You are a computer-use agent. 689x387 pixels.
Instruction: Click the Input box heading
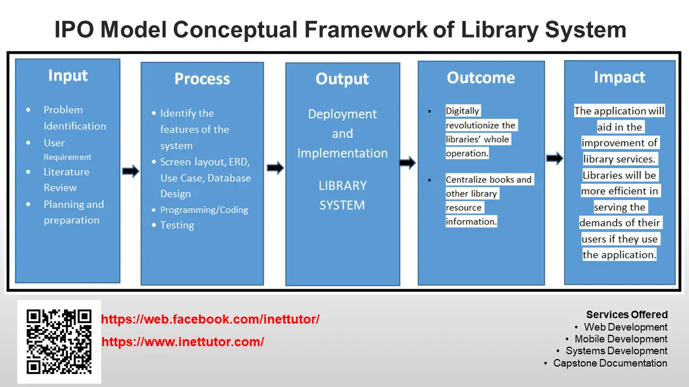tap(67, 76)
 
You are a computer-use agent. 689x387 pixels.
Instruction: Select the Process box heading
tap(202, 80)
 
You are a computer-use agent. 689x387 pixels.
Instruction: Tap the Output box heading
tap(342, 80)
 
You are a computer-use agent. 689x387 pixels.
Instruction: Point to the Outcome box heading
tap(481, 78)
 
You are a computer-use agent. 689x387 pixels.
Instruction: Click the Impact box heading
tap(619, 77)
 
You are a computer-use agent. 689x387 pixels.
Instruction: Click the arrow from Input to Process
tap(130, 171)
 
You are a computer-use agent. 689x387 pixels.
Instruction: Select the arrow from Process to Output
tap(275, 168)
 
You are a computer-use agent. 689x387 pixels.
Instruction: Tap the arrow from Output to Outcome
tap(408, 162)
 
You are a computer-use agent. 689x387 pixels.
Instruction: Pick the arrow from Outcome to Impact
tap(554, 158)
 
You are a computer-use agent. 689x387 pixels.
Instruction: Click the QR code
tap(59, 341)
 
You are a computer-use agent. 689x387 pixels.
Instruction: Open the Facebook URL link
tap(210, 319)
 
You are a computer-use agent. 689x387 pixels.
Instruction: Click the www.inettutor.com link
tap(183, 342)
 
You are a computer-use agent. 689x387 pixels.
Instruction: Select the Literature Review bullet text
tap(66, 180)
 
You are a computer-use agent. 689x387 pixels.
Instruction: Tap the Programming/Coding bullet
tap(204, 210)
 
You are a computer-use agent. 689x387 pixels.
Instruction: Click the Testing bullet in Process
tap(177, 225)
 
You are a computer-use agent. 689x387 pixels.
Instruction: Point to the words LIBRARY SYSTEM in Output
tap(342, 195)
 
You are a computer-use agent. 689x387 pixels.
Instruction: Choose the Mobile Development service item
tap(621, 339)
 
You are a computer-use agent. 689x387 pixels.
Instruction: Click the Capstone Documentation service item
tap(610, 363)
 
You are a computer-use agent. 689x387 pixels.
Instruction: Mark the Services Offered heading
tap(627, 314)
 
